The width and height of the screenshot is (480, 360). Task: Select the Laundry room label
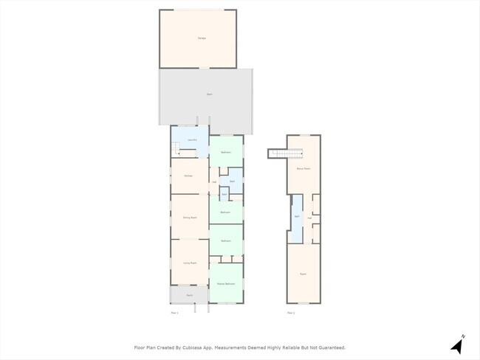pos(191,139)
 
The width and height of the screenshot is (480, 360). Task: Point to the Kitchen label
pos(188,176)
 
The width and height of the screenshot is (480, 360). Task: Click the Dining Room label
pos(189,218)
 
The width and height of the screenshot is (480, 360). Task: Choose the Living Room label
pos(189,263)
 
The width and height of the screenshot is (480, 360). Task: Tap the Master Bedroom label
pos(226,284)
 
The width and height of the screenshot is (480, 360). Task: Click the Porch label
pos(189,295)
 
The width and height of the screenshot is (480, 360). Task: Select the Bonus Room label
pos(303,169)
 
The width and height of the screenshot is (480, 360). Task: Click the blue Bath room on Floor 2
pos(297,217)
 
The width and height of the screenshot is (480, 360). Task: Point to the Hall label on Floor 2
pos(309,218)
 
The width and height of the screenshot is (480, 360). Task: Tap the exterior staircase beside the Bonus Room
pos(287,153)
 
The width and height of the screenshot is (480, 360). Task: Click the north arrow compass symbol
pos(457,345)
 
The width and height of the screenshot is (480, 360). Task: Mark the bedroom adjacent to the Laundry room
pos(226,153)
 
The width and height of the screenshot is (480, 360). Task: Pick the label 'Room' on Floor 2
pos(303,274)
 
